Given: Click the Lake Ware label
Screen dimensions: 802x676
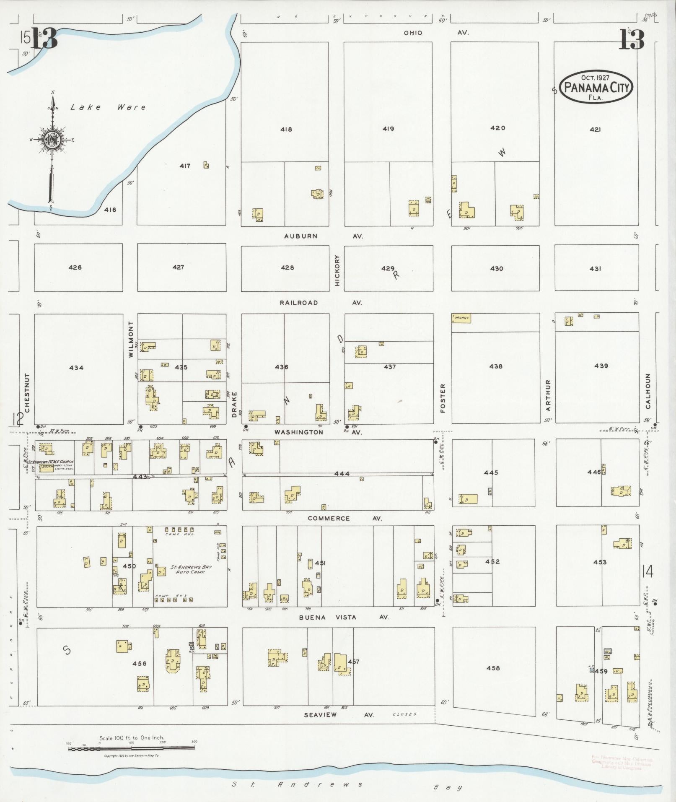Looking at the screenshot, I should (108, 107).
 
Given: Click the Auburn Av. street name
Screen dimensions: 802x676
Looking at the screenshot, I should (323, 236).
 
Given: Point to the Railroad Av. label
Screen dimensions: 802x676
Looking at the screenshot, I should (321, 303).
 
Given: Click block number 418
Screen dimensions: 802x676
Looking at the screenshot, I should (286, 130).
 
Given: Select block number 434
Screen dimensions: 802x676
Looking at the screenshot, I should (76, 368).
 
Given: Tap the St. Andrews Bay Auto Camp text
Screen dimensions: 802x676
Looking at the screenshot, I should (191, 569).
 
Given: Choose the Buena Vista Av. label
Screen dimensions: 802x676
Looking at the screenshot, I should (344, 617).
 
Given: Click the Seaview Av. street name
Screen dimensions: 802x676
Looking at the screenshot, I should (339, 714).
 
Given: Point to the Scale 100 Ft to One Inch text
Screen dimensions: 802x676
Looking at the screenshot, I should (132, 737).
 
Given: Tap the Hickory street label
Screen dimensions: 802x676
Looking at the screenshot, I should (337, 271).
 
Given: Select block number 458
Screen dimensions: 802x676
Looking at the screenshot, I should (493, 668).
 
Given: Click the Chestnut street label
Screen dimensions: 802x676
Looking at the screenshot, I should (27, 393).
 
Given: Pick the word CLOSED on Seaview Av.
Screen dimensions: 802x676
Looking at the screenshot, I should (404, 714).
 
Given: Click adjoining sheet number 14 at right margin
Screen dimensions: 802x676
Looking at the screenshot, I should (649, 571).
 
